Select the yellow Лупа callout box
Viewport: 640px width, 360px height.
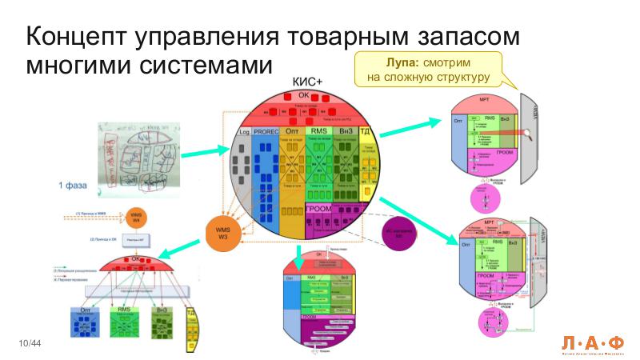(427, 69)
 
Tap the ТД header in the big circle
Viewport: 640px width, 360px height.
(364, 131)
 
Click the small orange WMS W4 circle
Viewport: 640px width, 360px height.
(135, 217)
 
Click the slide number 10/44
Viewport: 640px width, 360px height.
(30, 343)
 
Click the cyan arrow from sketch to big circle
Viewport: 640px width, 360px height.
(204, 153)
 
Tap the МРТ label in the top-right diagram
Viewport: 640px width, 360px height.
(485, 104)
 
